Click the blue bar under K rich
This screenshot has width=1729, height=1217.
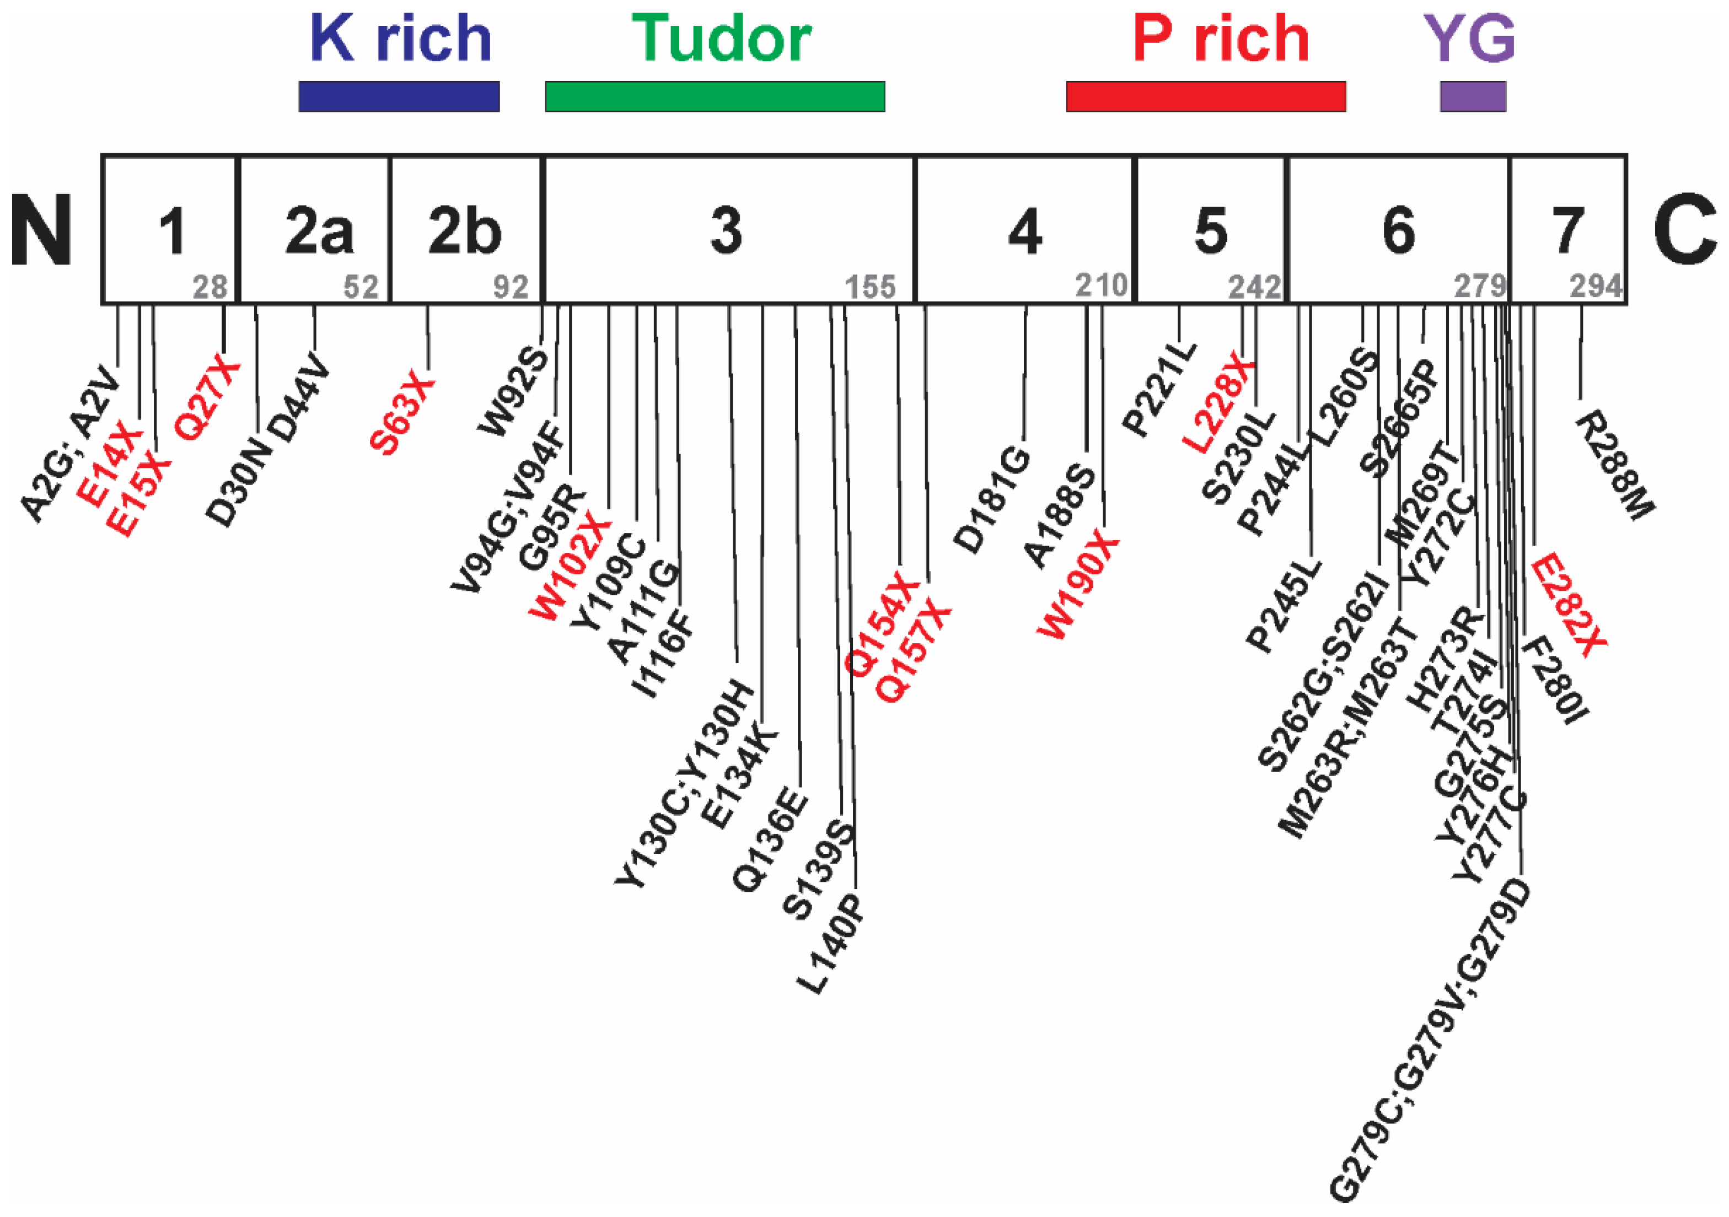point(399,96)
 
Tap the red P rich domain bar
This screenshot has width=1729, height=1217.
point(1206,96)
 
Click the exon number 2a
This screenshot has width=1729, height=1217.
point(319,230)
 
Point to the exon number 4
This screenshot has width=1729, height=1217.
point(1025,230)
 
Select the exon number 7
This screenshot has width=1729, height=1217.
point(1568,230)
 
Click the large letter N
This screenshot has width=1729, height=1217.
point(41,230)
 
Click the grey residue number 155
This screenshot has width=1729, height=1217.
point(871,287)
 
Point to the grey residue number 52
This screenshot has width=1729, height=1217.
point(361,287)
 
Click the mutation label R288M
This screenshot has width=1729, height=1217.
point(1615,465)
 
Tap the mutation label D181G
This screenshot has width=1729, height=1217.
point(992,499)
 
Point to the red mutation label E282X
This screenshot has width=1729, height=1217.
point(1568,604)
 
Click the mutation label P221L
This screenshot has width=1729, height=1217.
point(1159,389)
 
